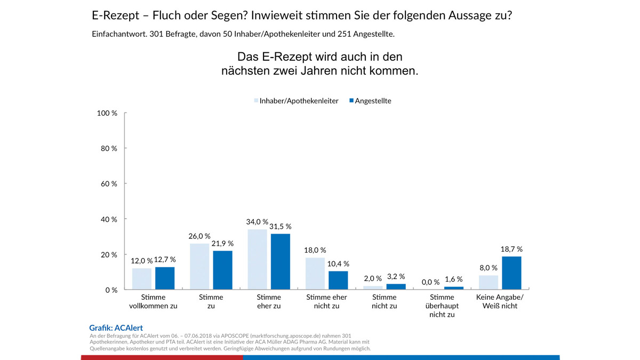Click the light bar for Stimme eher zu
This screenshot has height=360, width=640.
pos(258,260)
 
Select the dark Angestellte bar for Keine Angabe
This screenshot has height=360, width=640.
pos(511,273)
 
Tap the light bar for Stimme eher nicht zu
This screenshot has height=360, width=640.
pos(315,274)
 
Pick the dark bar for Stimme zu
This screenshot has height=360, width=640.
pos(222,270)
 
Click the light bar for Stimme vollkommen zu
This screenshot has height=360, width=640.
pos(142,279)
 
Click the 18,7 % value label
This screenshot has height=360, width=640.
pos(511,249)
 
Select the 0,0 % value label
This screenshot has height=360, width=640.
pos(430,282)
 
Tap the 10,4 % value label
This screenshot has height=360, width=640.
pos(338,263)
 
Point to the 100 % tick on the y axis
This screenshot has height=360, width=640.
pos(107,113)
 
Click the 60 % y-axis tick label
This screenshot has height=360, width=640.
pos(109,184)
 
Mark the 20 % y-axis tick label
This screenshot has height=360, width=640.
pos(109,255)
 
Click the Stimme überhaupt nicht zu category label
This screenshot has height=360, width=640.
pos(442,306)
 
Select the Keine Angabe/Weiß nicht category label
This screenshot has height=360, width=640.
pos(500,302)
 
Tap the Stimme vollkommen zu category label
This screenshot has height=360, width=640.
pos(154,302)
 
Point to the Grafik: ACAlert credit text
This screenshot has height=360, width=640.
pos(116,328)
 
